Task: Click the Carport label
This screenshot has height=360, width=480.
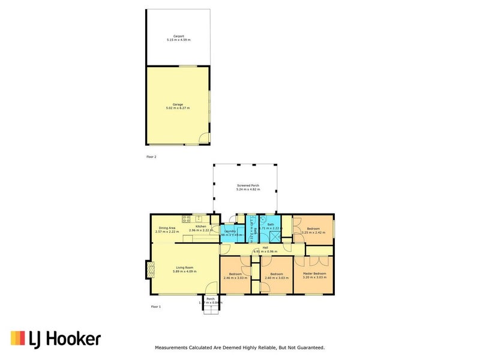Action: [x=178, y=37]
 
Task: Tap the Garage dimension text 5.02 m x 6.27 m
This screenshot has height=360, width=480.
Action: [x=178, y=108]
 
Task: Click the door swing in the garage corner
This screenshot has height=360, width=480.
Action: [x=205, y=139]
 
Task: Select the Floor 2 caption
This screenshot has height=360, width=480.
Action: [x=151, y=157]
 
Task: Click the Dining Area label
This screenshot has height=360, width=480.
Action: [x=165, y=228]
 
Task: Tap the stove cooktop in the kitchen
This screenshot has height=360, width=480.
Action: [x=187, y=218]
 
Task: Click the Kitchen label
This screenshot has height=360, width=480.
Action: [x=200, y=226]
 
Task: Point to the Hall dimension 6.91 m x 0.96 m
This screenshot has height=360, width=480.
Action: [x=265, y=251]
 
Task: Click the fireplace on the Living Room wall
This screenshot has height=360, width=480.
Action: [x=149, y=270]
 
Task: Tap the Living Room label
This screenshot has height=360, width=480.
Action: [x=184, y=268]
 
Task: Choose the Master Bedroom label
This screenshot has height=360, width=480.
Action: [x=314, y=274]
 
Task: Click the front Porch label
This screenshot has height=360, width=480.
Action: [x=210, y=298]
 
